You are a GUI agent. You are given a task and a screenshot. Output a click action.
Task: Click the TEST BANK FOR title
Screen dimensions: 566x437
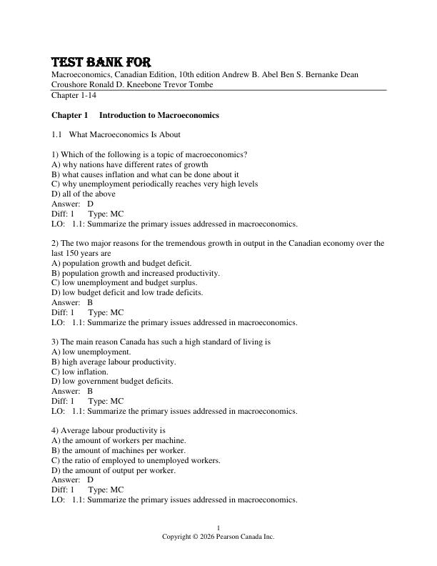pos(101,62)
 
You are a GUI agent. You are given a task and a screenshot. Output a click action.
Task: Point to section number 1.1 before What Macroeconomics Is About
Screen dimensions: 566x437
pos(57,134)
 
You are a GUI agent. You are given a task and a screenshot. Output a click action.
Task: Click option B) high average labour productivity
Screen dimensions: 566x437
pos(114,362)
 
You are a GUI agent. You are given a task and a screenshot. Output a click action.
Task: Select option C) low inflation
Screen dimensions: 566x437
pos(80,372)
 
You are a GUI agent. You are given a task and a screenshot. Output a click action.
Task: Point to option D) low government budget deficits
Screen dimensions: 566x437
pos(112,382)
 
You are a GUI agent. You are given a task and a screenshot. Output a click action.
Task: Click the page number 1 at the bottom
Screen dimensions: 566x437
pos(218,528)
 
